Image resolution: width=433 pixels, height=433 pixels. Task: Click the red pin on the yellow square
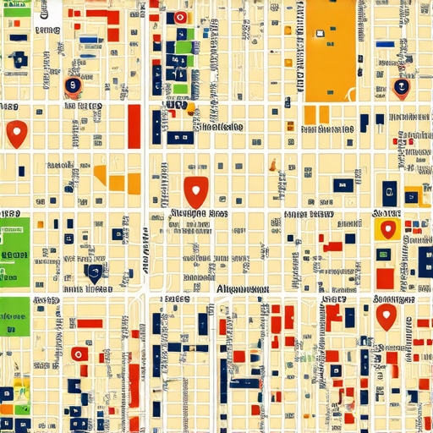[387, 228]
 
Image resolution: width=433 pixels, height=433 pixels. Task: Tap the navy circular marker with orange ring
[74, 85]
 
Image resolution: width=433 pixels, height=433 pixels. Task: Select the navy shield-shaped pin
[94, 272]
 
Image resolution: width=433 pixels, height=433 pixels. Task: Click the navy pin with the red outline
[401, 87]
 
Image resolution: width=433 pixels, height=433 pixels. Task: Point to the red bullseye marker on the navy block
[180, 18]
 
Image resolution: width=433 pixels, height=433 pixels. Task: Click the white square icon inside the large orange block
[320, 34]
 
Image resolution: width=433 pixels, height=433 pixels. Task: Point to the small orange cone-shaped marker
[192, 108]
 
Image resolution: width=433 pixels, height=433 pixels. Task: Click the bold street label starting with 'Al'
[238, 289]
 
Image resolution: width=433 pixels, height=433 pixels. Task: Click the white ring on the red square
[79, 354]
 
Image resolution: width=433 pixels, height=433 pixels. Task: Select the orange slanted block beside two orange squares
[101, 175]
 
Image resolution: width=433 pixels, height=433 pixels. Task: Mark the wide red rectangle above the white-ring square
[90, 323]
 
